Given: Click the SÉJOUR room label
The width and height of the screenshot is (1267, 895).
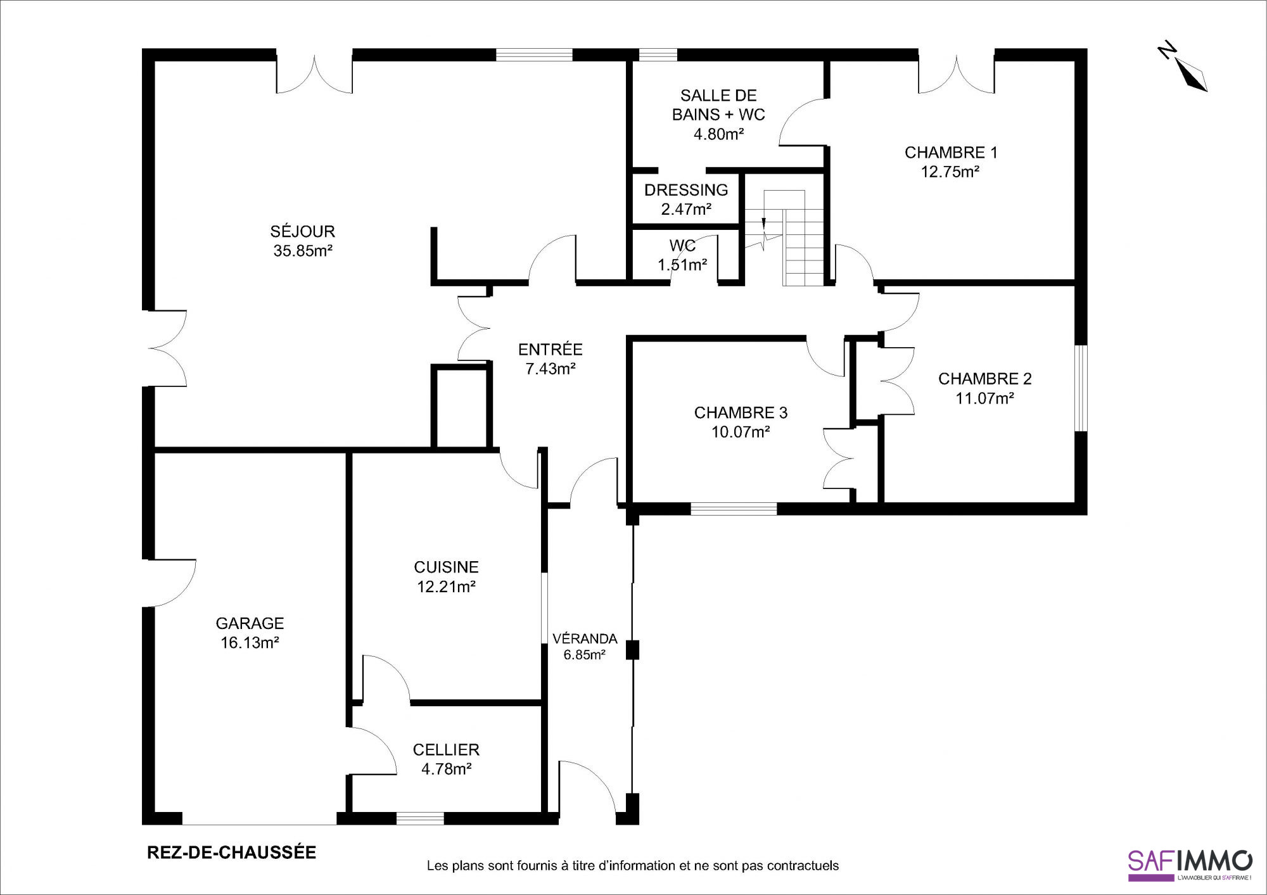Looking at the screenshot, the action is point(303,231).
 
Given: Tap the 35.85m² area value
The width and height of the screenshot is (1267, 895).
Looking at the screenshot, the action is point(303,251).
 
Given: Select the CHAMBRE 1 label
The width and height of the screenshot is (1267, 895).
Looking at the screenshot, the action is point(951,153).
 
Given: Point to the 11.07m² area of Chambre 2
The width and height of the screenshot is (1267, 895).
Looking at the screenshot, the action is point(984,398).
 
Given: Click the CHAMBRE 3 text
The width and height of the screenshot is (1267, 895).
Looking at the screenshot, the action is point(741,413).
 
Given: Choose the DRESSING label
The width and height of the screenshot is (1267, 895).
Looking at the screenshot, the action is point(686,190).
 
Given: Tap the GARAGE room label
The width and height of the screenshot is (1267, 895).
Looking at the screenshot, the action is point(250,623).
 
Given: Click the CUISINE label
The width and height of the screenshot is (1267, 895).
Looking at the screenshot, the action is point(446,568).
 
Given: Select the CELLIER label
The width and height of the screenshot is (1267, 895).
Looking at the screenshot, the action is point(446,750).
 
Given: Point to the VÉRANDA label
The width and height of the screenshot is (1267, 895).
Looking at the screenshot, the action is point(585,638).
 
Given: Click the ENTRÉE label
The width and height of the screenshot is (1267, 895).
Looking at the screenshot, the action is point(550,349).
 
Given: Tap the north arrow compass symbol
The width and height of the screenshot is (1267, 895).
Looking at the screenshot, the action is point(1184,68).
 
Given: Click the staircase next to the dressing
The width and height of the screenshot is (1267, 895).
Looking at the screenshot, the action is point(784,238).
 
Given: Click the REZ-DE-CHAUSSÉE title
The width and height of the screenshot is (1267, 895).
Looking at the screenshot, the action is point(232,853).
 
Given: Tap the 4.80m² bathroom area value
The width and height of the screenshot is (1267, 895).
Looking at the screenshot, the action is point(718,134).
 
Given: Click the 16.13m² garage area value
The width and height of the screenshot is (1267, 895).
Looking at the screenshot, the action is point(250,643).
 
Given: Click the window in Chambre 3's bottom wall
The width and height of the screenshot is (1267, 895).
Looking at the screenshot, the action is point(734,509).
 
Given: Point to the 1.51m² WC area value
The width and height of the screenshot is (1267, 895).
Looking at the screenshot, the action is point(682,265).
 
